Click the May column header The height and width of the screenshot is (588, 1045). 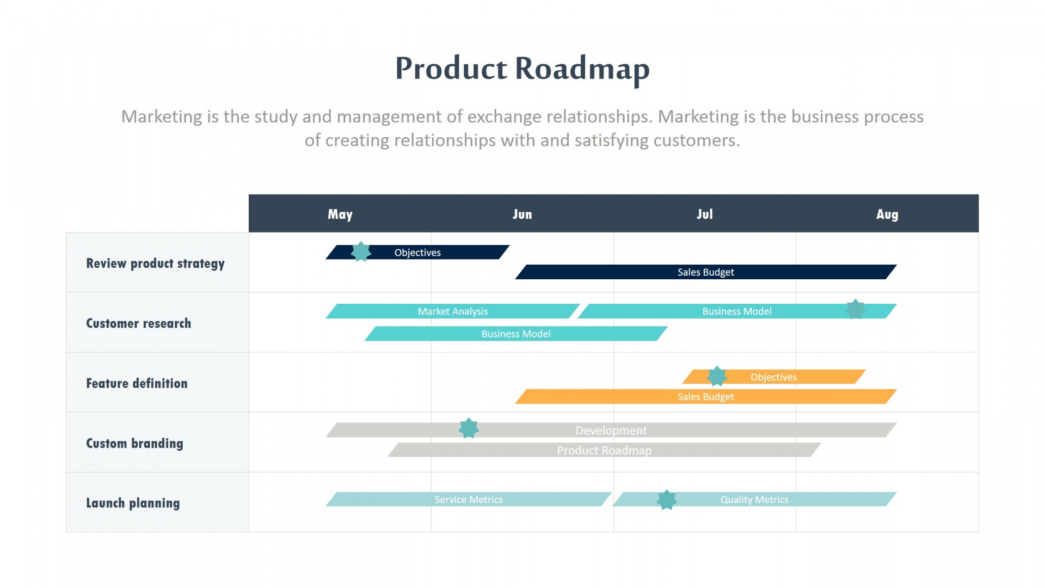pyautogui.click(x=340, y=214)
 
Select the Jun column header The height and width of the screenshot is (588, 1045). pyautogui.click(x=522, y=214)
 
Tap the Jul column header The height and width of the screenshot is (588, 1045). pyautogui.click(x=704, y=214)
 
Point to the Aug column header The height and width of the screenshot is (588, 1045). pyautogui.click(x=887, y=214)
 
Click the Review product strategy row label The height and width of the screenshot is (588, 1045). pyautogui.click(x=155, y=264)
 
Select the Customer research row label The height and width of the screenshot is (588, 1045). pyautogui.click(x=138, y=323)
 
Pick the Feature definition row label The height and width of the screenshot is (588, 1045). pyautogui.click(x=137, y=383)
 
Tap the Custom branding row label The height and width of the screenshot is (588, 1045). pyautogui.click(x=134, y=443)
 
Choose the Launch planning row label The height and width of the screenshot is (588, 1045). pyautogui.click(x=133, y=503)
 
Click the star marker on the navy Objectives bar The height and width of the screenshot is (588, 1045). pyautogui.click(x=361, y=252)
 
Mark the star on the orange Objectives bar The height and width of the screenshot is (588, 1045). pyautogui.click(x=717, y=376)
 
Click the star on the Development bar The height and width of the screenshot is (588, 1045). pyautogui.click(x=469, y=428)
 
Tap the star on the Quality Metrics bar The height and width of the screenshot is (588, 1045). pyautogui.click(x=667, y=499)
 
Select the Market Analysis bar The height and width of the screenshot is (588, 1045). pyautogui.click(x=452, y=311)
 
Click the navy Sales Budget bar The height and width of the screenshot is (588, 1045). pyautogui.click(x=705, y=272)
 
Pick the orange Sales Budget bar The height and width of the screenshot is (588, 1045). pyautogui.click(x=705, y=397)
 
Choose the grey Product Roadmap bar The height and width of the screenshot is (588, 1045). pyautogui.click(x=604, y=450)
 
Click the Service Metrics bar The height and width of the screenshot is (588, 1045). pyautogui.click(x=468, y=500)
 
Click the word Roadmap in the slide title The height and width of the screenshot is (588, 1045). pyautogui.click(x=582, y=69)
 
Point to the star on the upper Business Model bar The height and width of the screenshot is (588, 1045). pyautogui.click(x=855, y=309)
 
